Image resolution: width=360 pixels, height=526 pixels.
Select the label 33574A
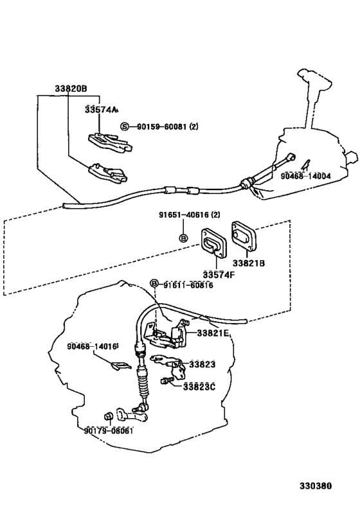[x=102, y=110]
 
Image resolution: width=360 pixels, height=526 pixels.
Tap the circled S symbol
[x=125, y=127]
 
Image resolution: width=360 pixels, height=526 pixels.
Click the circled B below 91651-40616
[x=183, y=238]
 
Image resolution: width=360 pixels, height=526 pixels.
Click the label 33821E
[x=214, y=333]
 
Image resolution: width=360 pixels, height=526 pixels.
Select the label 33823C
[x=199, y=387]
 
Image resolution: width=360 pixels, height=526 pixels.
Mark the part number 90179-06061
[x=109, y=431]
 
